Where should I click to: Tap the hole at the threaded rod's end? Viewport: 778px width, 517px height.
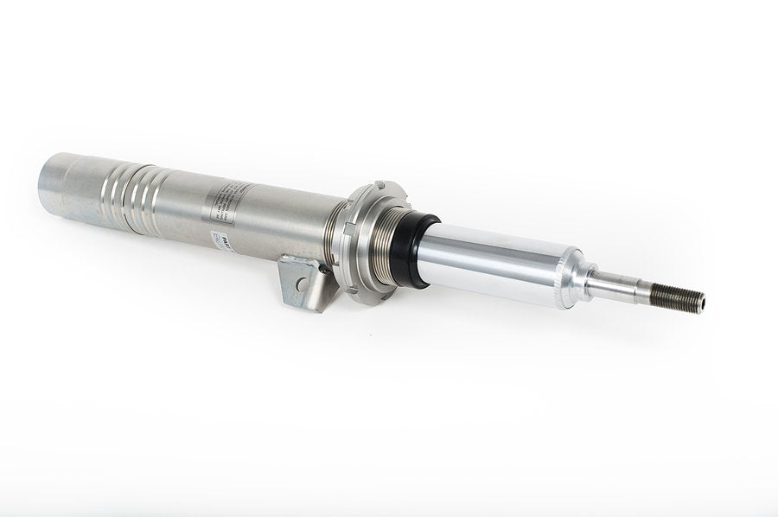coord(701,302)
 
